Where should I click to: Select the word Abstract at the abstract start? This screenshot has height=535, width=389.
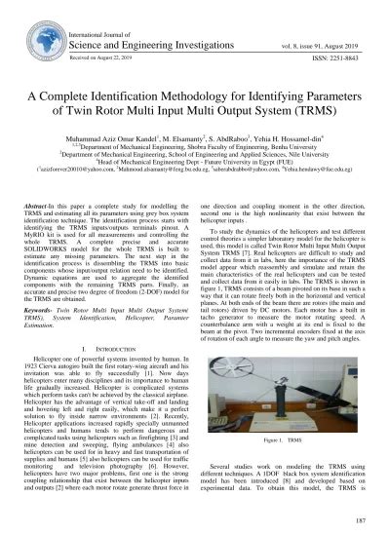click(47, 208)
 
